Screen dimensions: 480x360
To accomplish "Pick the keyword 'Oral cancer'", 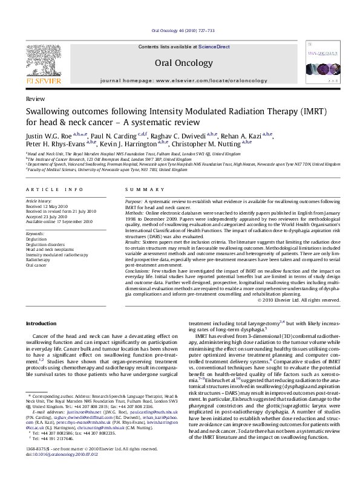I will point(36,265).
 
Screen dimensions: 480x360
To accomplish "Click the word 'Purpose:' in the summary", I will point(134,200).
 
